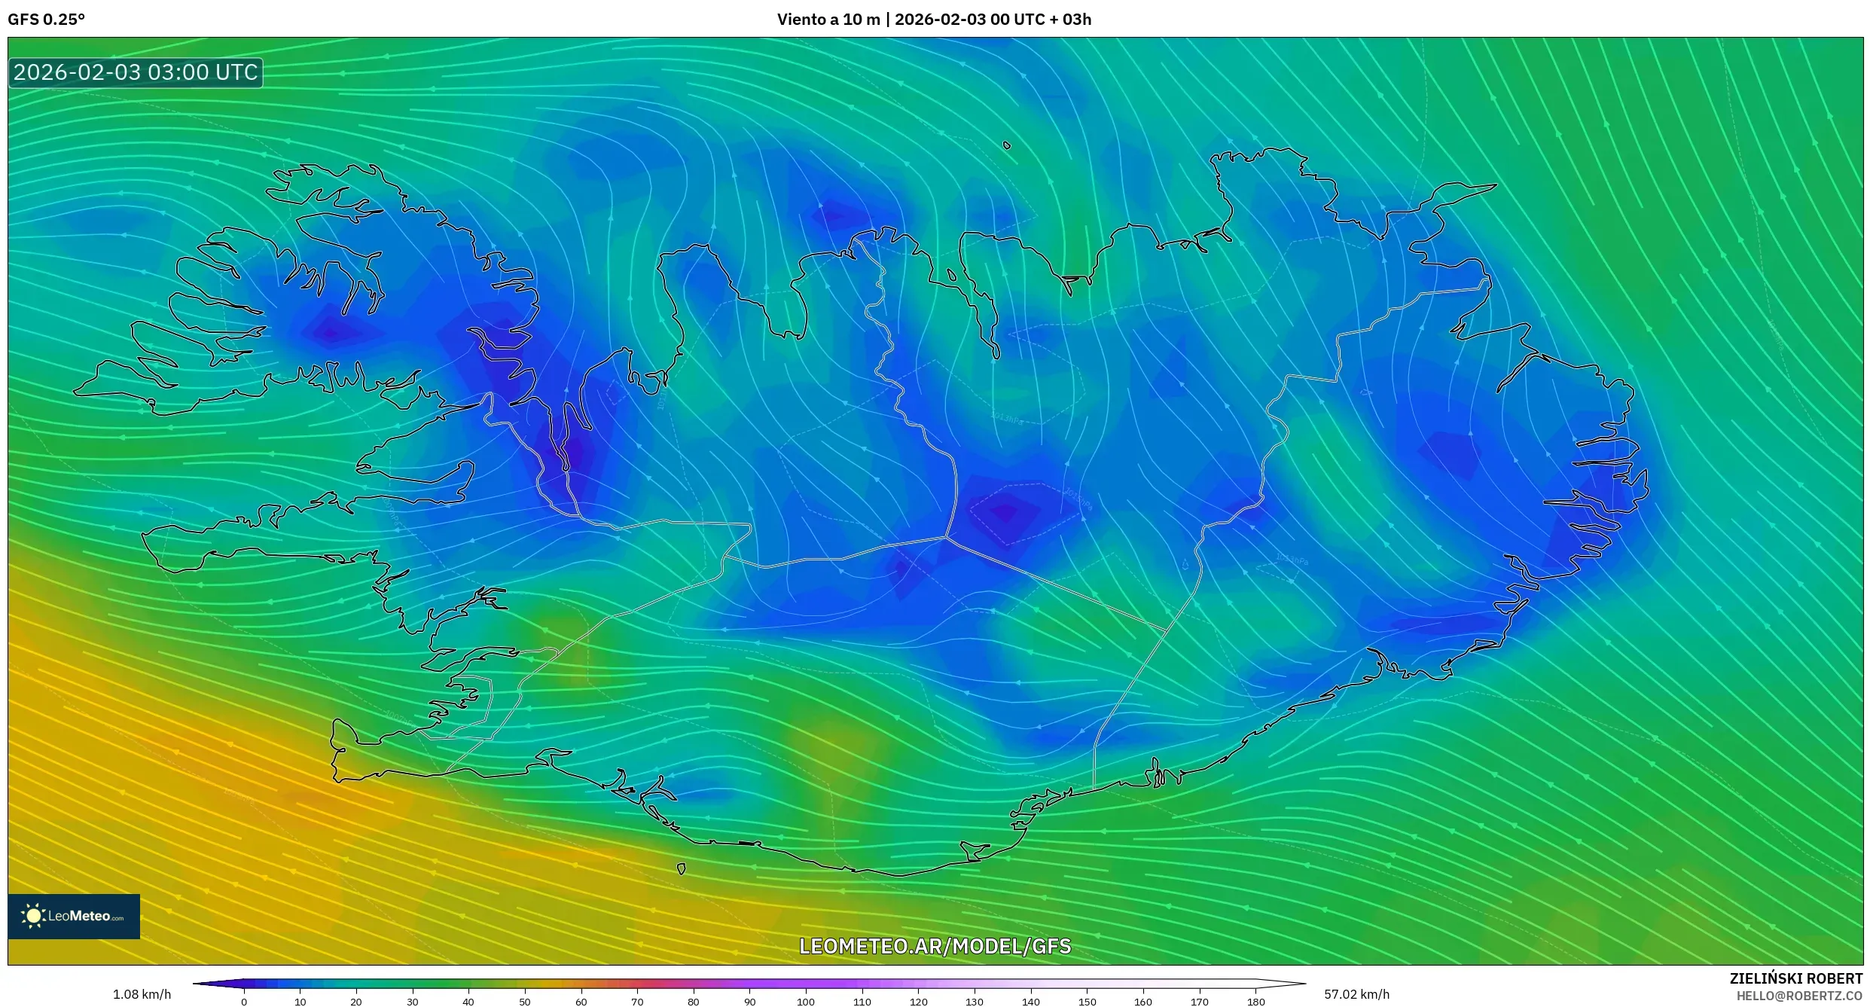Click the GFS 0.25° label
pyautogui.click(x=46, y=20)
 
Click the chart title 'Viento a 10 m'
pyautogui.click(x=828, y=20)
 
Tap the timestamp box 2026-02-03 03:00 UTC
pyautogui.click(x=136, y=73)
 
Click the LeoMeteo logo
pyautogui.click(x=74, y=916)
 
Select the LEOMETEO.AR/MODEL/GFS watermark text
pyautogui.click(x=935, y=946)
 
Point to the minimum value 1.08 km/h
pyautogui.click(x=142, y=994)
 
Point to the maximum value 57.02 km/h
pyautogui.click(x=1356, y=994)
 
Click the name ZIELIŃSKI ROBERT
pyautogui.click(x=1795, y=978)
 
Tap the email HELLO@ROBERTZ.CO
pyautogui.click(x=1799, y=996)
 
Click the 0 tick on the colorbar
pyautogui.click(x=244, y=1002)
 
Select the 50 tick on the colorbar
pyautogui.click(x=525, y=1002)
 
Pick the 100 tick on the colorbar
pyautogui.click(x=806, y=1002)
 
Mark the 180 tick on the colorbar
pyautogui.click(x=1255, y=1002)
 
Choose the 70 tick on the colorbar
pyautogui.click(x=637, y=1002)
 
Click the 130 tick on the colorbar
pyautogui.click(x=975, y=1002)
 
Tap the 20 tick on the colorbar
pyautogui.click(x=356, y=1002)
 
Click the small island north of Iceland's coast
pyautogui.click(x=1007, y=145)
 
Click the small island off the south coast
pyautogui.click(x=681, y=869)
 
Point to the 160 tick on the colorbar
pyautogui.click(x=1143, y=1002)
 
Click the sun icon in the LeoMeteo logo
pyautogui.click(x=33, y=916)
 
